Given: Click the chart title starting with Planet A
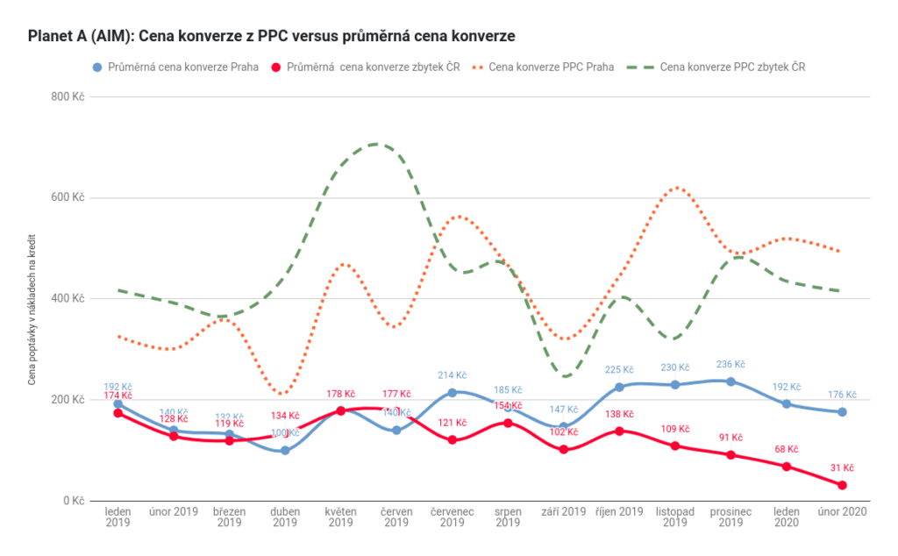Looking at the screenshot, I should pos(271,36).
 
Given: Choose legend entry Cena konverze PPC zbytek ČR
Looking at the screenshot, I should pos(733,67).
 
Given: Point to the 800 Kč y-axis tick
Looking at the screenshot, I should pos(68,96).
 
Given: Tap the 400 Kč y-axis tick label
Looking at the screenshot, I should pos(68,299).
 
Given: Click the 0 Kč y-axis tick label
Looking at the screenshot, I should pos(74,501).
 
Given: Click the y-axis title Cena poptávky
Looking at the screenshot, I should pos(33,299).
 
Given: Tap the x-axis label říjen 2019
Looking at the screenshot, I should pos(619,511).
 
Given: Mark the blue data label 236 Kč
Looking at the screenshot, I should pos(731,365).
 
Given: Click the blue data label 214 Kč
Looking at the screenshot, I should pos(452,375).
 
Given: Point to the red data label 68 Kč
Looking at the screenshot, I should pos(786,449).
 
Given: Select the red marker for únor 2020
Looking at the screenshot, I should pos(842,485).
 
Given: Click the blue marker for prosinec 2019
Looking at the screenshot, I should pos(731,381).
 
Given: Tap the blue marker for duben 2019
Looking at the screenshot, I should pos(285,451).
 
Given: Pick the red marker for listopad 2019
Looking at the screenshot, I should pos(674,446).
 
